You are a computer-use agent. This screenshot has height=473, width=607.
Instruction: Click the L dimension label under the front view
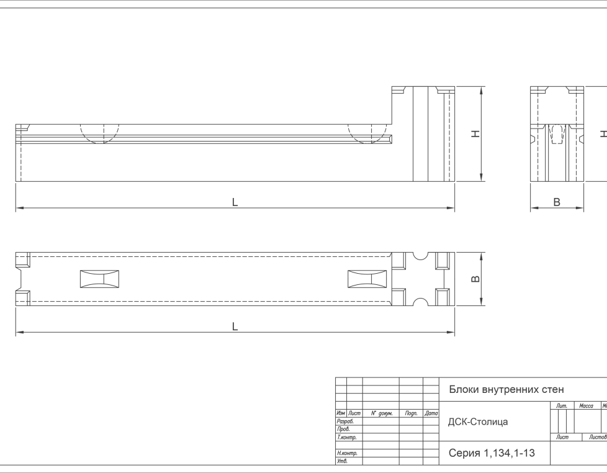coord(235,202)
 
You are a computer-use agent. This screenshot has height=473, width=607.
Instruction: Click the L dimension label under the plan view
coord(235,327)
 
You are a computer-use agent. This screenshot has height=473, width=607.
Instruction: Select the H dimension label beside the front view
coord(475,134)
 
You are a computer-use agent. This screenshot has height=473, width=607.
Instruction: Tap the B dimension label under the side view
coord(557,202)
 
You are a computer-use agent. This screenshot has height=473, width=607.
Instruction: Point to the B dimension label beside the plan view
coord(475,279)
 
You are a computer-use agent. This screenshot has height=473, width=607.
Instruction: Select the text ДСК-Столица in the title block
coord(478,421)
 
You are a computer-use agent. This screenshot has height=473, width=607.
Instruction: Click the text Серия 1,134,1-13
coord(492,453)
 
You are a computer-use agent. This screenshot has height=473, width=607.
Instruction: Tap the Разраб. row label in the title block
coord(345,421)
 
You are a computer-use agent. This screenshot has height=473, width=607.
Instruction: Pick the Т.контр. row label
coord(346,438)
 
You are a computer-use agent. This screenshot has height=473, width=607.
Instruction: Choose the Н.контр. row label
coord(347,453)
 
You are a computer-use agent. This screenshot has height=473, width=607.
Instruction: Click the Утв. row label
coord(342,461)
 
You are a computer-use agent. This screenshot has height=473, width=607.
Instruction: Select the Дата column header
coord(431,413)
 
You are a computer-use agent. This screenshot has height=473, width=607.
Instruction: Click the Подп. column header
coord(411,413)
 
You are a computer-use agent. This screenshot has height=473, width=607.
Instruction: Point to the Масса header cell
coord(586,405)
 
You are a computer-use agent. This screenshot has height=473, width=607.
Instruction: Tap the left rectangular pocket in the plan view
coord(99,279)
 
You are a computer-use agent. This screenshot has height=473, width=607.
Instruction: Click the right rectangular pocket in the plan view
coord(367,279)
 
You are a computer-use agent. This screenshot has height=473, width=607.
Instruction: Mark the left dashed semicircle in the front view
coord(99,134)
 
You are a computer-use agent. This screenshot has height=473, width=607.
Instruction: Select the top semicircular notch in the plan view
coord(420,256)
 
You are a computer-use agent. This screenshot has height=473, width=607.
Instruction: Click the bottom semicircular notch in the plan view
coord(420,302)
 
